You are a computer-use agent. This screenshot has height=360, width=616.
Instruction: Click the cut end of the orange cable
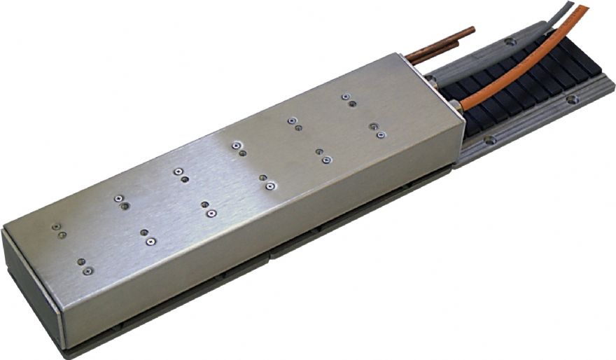point(584,8)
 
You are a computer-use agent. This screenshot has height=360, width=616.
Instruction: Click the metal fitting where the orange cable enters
point(457,106)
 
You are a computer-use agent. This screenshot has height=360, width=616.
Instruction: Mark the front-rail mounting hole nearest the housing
point(490,140)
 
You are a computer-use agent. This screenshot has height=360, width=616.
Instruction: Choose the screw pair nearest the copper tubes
point(348,99)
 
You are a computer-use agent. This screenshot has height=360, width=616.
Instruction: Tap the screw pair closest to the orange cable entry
point(378,130)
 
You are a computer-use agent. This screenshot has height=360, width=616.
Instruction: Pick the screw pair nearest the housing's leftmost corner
point(58,230)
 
